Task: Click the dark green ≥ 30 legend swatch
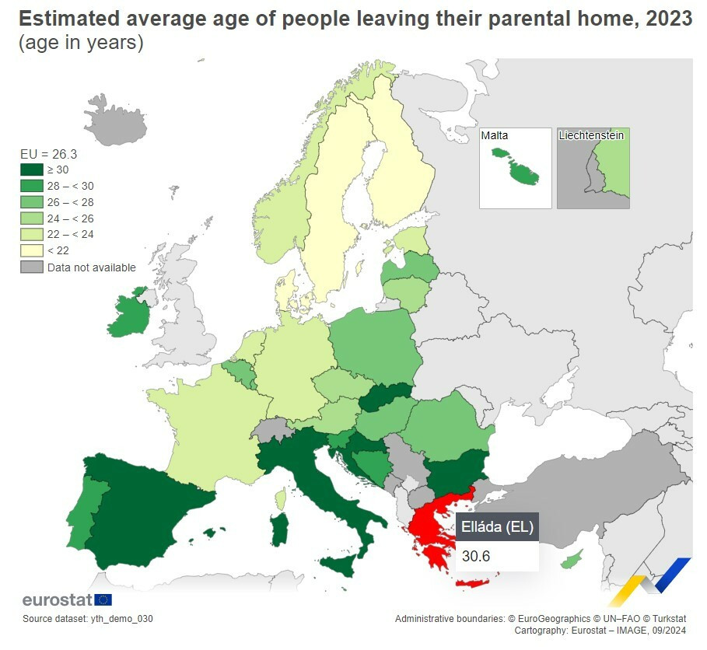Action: tap(31, 169)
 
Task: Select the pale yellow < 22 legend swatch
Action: tap(31, 250)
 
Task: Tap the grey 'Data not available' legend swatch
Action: tap(31, 267)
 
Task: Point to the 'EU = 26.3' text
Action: tap(48, 154)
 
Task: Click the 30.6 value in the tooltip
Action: tap(475, 556)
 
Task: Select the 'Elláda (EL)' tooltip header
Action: tap(497, 527)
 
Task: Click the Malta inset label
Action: tap(494, 136)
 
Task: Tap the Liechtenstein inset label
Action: tap(591, 136)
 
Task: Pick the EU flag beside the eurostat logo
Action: tap(103, 599)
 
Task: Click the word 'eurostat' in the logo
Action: tap(57, 599)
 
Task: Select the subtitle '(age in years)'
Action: tap(81, 43)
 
